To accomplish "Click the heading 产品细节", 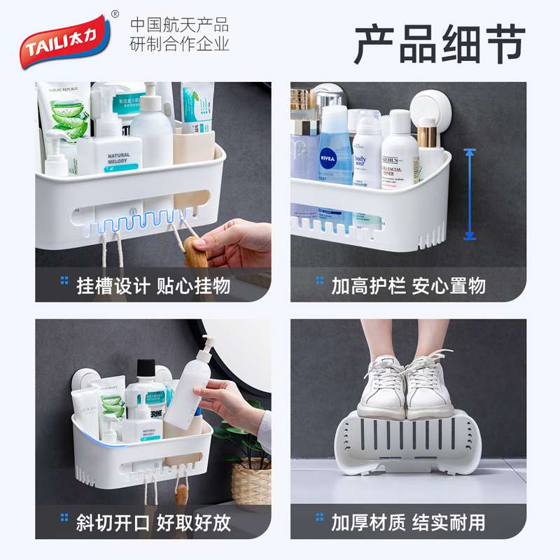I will tap(439, 43).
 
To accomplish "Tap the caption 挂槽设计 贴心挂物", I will tap(153, 286).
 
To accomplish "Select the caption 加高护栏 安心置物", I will tap(408, 286).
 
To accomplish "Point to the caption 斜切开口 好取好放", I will tap(153, 522).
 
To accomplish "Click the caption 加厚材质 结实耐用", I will tap(408, 522).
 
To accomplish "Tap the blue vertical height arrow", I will tap(470, 194).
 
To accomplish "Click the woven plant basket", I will tap(251, 483).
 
